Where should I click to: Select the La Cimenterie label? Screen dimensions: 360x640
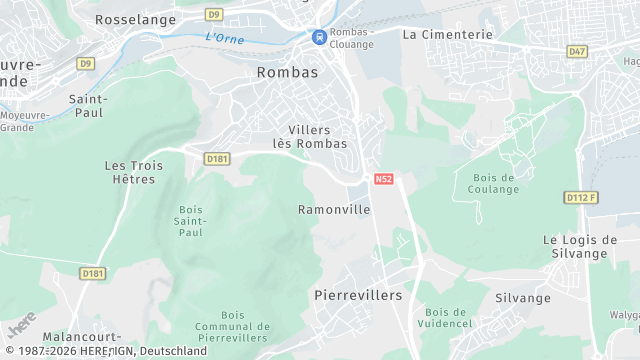(x=448, y=34)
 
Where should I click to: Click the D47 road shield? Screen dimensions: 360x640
(x=577, y=51)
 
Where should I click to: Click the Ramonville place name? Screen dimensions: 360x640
(x=334, y=210)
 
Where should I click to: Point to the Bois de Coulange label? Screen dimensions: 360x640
(x=493, y=184)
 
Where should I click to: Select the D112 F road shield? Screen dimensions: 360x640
(x=581, y=198)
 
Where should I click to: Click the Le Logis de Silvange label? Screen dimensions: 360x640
(x=580, y=246)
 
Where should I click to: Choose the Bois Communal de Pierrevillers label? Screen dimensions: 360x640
(x=233, y=326)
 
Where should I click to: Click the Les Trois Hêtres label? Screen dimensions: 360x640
(x=130, y=172)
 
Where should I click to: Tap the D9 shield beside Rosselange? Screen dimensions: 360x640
(x=214, y=15)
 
